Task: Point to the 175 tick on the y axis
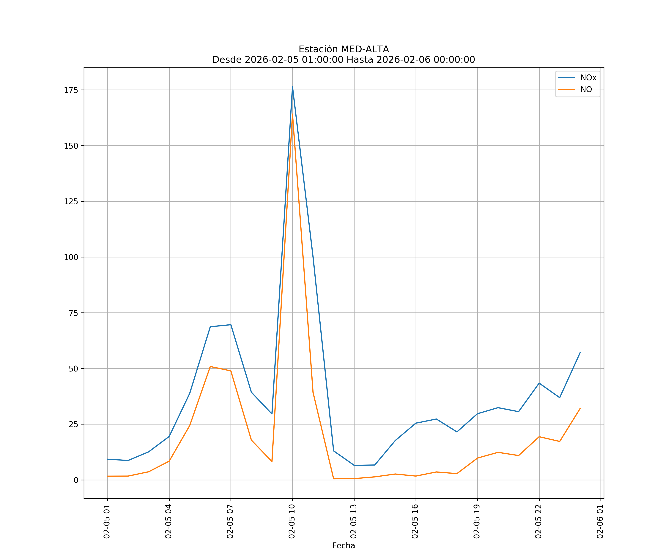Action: point(71,90)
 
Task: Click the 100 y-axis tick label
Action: point(71,257)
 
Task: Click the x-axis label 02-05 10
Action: point(292,521)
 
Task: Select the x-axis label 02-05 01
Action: point(107,521)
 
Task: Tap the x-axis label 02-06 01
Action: point(600,521)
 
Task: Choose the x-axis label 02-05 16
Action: point(415,521)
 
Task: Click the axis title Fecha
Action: point(344,546)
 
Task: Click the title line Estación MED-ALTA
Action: point(344,49)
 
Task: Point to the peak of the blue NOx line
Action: point(292,87)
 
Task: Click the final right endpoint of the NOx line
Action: point(580,352)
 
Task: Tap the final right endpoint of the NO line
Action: point(580,408)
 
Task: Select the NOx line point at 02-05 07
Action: point(231,325)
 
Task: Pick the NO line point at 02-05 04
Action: point(169,461)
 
